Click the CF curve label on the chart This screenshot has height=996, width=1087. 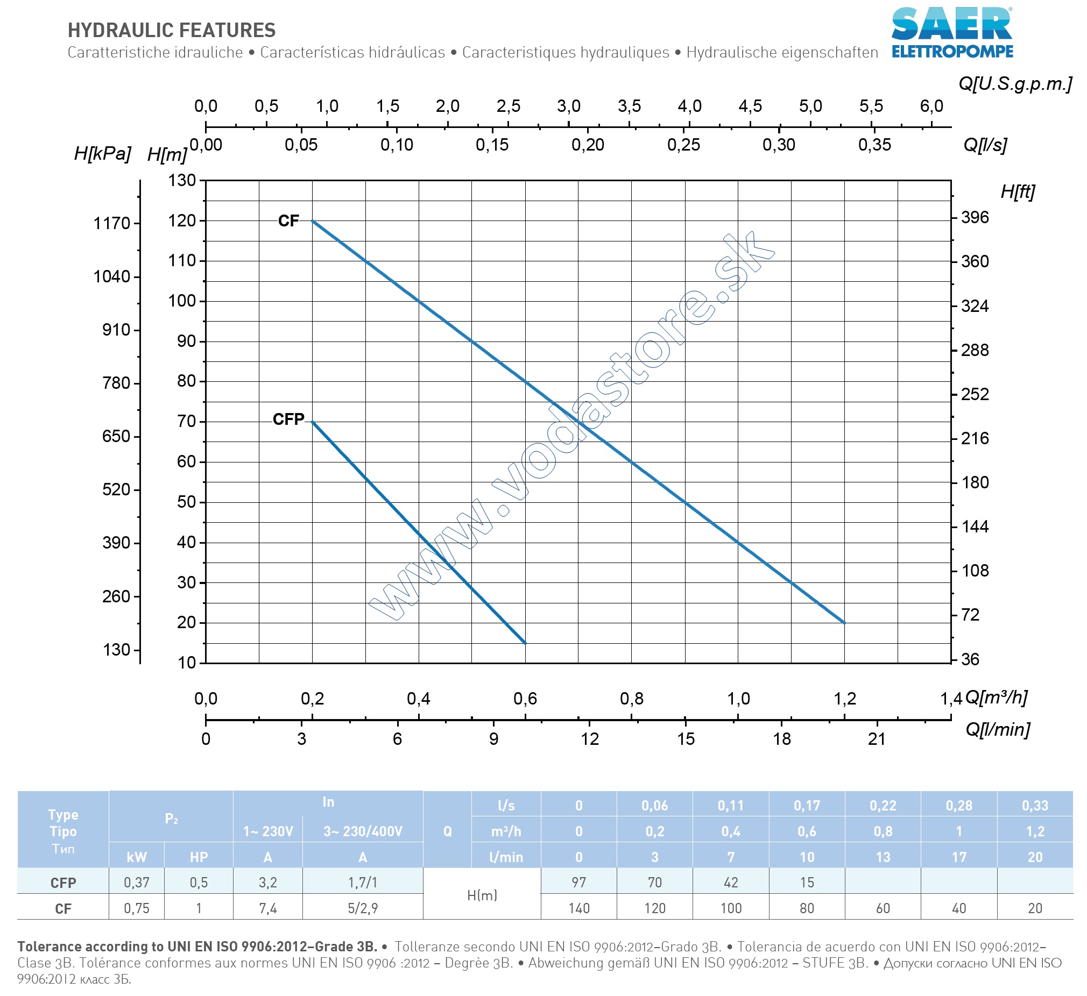[288, 221]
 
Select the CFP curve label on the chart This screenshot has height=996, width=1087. [288, 419]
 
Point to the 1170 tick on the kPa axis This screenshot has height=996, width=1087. [112, 223]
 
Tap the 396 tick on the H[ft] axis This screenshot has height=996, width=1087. [975, 218]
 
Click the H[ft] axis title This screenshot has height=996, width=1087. [1018, 192]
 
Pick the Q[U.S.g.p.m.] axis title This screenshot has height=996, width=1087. [1015, 83]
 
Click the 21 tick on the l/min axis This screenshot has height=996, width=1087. [877, 739]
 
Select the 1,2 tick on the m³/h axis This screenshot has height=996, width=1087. [844, 699]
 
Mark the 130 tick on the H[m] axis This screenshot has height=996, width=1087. [182, 181]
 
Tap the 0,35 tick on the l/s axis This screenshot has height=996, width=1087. [874, 145]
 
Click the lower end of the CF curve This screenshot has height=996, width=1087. [844, 623]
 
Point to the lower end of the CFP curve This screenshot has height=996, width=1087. [525, 643]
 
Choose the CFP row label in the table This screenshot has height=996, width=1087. [63, 883]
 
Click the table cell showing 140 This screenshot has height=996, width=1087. [578, 909]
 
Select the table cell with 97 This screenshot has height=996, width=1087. [578, 883]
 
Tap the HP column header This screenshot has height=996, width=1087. [199, 857]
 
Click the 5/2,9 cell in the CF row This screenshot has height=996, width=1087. [362, 909]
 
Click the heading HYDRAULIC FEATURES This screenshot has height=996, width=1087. [172, 31]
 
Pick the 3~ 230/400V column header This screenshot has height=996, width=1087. [362, 831]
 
